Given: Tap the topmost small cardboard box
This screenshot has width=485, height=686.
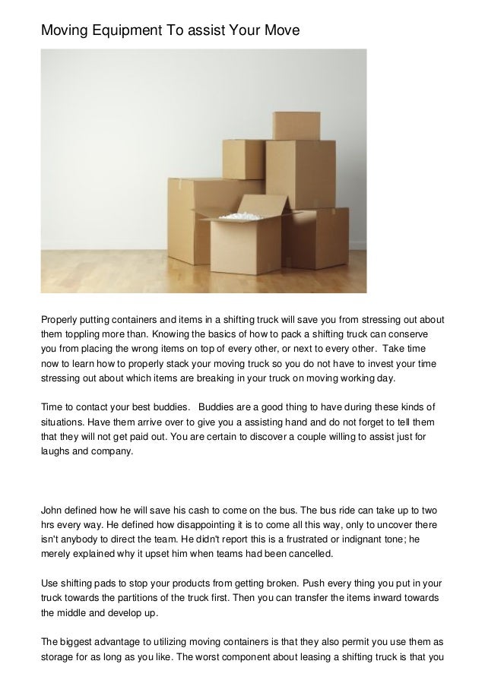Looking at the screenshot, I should (x=294, y=126).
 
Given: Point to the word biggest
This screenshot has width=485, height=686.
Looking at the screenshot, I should (x=81, y=643).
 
